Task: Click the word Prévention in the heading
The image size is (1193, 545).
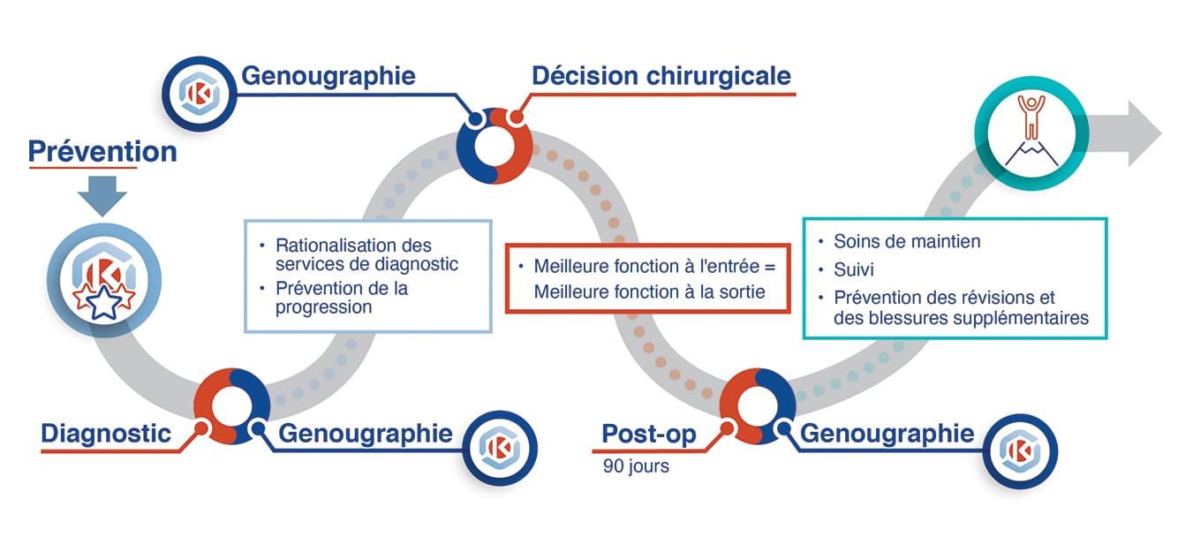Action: pyautogui.click(x=102, y=151)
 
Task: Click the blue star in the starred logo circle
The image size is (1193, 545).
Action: pyautogui.click(x=103, y=303)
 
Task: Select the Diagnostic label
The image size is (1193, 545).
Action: pyautogui.click(x=106, y=433)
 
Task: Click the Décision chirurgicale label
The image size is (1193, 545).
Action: pyautogui.click(x=661, y=76)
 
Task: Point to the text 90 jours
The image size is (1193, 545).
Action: pyautogui.click(x=636, y=466)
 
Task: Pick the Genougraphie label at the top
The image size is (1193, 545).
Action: pyautogui.click(x=328, y=76)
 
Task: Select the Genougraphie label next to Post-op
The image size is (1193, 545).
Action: pyautogui.click(x=887, y=433)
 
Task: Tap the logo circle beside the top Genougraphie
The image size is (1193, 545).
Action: pyautogui.click(x=201, y=93)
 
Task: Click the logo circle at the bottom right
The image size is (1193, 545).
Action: pyautogui.click(x=1020, y=450)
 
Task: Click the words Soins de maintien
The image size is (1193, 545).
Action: pyautogui.click(x=907, y=241)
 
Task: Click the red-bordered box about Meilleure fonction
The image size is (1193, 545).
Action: pyautogui.click(x=647, y=278)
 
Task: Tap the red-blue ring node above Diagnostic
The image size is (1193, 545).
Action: pyautogui.click(x=231, y=405)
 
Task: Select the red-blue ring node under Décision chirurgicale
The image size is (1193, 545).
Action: pyautogui.click(x=495, y=147)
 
